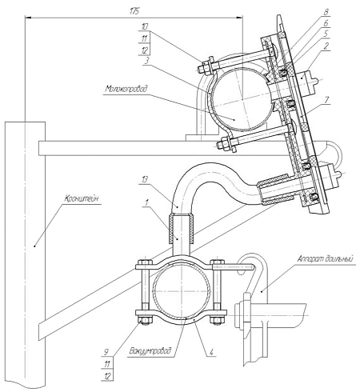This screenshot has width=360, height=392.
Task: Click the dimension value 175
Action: coord(134,11)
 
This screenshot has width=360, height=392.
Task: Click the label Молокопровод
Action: coord(126,89)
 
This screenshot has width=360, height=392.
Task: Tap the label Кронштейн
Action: coord(82,199)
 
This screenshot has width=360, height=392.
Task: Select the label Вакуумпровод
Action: coord(150,351)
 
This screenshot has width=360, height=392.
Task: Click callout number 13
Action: coord(145,179)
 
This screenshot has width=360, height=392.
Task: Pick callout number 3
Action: coord(146,61)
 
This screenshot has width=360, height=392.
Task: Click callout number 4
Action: coord(211,352)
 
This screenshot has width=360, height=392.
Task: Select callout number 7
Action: coord(326,99)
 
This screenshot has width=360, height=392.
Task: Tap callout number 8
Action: coord(326,12)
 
